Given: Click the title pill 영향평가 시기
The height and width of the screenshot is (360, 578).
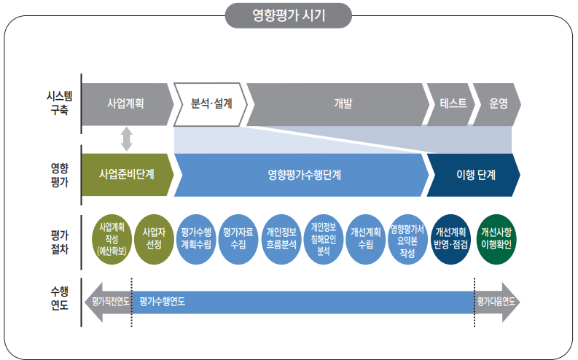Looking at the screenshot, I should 289,15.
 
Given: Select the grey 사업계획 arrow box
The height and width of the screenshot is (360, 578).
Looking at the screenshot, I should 125,104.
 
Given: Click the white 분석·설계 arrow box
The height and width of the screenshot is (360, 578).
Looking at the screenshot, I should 211,104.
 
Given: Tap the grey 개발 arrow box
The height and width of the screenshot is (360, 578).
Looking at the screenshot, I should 337,104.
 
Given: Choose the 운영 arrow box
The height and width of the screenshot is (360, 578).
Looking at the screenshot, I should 498,104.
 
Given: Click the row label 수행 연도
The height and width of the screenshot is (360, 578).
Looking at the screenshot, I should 59,299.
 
